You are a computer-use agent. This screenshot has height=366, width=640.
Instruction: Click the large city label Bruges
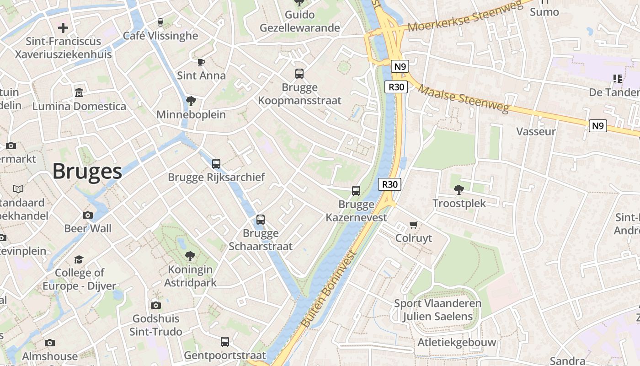[87, 172]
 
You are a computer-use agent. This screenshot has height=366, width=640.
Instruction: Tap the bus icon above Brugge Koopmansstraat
[299, 74]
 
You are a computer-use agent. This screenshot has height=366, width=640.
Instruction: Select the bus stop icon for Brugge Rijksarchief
[216, 163]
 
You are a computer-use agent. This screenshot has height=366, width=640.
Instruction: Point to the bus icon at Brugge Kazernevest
[356, 191]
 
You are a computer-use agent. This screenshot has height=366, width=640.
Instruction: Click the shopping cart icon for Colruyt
[414, 225]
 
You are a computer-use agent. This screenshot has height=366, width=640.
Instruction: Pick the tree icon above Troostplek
[459, 189]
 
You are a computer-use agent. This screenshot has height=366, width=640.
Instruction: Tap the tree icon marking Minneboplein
[191, 101]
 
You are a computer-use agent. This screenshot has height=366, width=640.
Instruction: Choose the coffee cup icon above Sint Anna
[201, 62]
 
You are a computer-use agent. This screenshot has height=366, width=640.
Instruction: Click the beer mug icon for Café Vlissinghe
[160, 22]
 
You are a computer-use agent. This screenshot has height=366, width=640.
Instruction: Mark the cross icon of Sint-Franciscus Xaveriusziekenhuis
[63, 28]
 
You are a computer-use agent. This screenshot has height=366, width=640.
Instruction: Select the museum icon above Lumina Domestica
[79, 93]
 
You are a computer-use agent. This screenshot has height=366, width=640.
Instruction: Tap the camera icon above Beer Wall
[88, 215]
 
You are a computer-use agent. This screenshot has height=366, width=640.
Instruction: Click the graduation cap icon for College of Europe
[79, 259]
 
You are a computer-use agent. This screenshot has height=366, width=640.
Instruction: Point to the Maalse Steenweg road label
[463, 98]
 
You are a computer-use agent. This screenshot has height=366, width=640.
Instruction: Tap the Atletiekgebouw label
[457, 342]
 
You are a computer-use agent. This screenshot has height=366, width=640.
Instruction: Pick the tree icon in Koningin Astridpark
[190, 256]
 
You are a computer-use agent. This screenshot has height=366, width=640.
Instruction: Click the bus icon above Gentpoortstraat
[225, 341]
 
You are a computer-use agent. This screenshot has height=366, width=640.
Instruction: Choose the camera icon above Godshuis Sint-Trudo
[156, 305]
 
